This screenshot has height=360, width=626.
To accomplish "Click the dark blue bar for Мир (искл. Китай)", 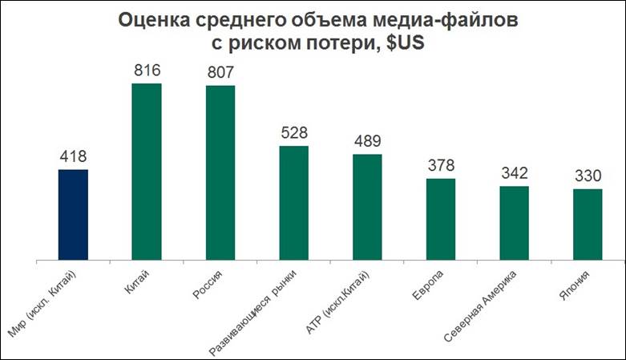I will click(73, 214).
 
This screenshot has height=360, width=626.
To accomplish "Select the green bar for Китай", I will click(147, 172).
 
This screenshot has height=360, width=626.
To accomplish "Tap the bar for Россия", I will click(220, 172).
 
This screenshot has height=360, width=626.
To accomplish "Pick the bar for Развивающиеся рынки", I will click(293, 203).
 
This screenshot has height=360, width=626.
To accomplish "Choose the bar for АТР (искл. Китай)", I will click(367, 207).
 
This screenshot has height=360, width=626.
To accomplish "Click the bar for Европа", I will click(441, 219).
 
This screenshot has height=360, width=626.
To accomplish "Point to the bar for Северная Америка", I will click(515, 223).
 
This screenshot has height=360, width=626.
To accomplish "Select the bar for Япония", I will click(588, 224).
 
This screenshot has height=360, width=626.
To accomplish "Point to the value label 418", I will click(73, 157).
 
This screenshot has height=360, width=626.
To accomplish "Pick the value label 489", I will click(368, 142).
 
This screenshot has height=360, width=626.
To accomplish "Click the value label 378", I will click(441, 166).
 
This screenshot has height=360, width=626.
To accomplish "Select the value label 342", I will click(515, 174).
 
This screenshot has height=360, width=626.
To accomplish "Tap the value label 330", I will click(588, 176).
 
